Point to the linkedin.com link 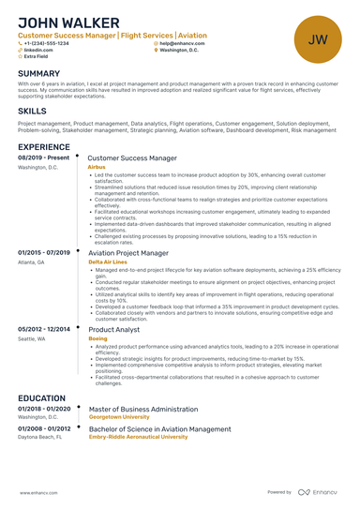(38, 51)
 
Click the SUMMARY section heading (38, 74)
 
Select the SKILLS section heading (32, 111)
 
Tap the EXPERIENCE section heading (43, 147)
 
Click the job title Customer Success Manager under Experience (131, 159)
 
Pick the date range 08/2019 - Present (44, 158)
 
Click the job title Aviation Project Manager (128, 253)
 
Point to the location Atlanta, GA (31, 262)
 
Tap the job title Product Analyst (113, 330)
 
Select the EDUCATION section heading (41, 398)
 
